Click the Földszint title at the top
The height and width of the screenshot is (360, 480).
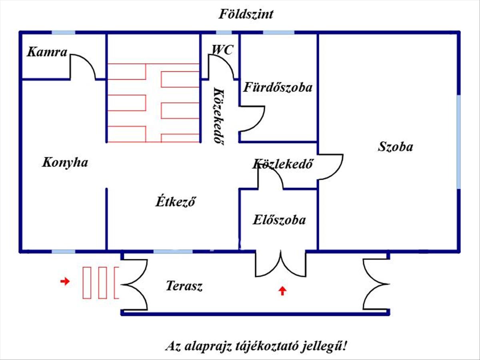point(246,15)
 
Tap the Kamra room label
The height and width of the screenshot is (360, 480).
point(47,52)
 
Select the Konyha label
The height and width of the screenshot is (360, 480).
point(65,163)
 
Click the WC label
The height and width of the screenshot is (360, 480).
point(222,50)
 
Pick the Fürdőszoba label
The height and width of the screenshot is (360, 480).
point(278,87)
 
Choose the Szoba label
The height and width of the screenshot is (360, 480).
point(395,147)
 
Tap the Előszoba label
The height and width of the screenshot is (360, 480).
point(279,220)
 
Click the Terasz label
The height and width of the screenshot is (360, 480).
point(184,286)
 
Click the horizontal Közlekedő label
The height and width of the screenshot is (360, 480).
point(282,164)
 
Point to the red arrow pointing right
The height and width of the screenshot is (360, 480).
point(64,282)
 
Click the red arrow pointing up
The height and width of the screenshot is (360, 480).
point(282,290)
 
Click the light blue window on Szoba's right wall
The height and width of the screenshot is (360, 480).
point(458,142)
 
